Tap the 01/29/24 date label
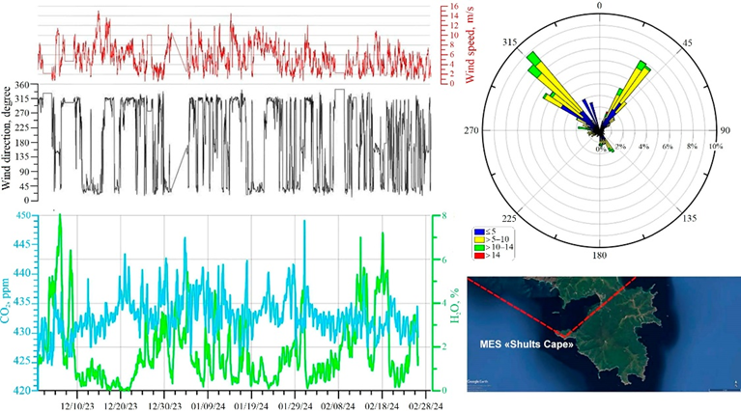(x=296, y=405)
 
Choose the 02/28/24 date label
(x=425, y=405)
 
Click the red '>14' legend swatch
(x=478, y=257)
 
